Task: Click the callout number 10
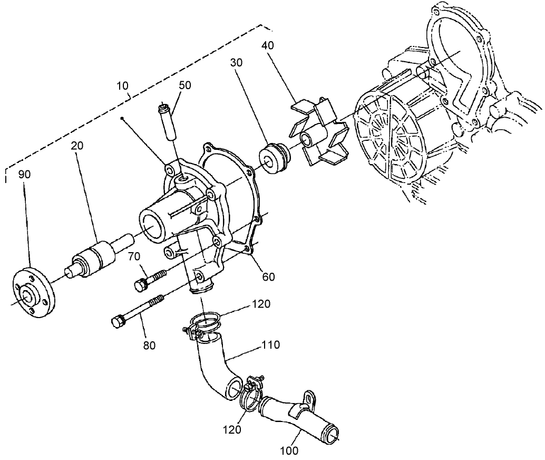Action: [x=123, y=84]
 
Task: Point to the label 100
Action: [x=290, y=451]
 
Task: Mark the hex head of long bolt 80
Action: [x=118, y=321]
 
